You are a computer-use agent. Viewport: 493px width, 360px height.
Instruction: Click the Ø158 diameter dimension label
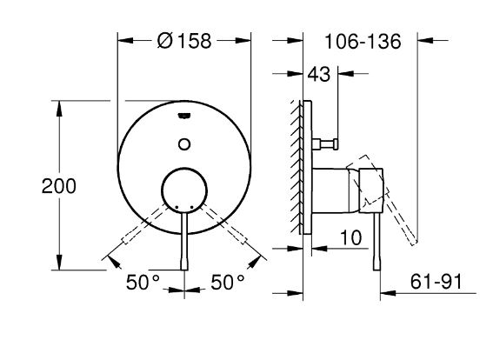click(184, 41)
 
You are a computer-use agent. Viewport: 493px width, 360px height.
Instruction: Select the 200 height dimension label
click(59, 186)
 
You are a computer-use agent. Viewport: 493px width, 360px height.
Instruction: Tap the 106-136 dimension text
click(363, 42)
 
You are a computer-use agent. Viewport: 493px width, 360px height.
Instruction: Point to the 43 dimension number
click(319, 75)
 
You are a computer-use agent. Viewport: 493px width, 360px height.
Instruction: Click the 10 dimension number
click(351, 237)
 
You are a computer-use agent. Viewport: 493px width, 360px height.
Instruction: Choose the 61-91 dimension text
click(436, 281)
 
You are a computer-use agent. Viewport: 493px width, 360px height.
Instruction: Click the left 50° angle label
click(143, 282)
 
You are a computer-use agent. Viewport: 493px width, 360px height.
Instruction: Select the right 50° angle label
click(227, 282)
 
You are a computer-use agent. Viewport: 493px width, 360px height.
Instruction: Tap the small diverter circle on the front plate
click(184, 144)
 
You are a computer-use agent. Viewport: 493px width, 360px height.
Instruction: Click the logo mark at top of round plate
click(184, 116)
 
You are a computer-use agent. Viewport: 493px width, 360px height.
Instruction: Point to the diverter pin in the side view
click(325, 144)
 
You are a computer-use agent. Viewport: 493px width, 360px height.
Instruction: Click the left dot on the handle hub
click(177, 208)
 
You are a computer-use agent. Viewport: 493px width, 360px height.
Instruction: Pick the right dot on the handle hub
click(191, 208)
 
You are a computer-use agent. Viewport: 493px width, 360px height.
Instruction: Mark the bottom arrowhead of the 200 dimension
click(59, 263)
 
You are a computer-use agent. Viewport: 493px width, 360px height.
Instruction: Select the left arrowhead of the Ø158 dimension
click(125, 41)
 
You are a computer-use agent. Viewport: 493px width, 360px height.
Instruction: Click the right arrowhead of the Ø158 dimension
click(243, 41)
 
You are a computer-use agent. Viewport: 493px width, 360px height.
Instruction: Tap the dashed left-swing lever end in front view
click(126, 240)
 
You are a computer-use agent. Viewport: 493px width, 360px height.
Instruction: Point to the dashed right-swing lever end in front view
click(242, 240)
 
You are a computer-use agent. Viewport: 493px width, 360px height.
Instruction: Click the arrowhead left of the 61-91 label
click(388, 293)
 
